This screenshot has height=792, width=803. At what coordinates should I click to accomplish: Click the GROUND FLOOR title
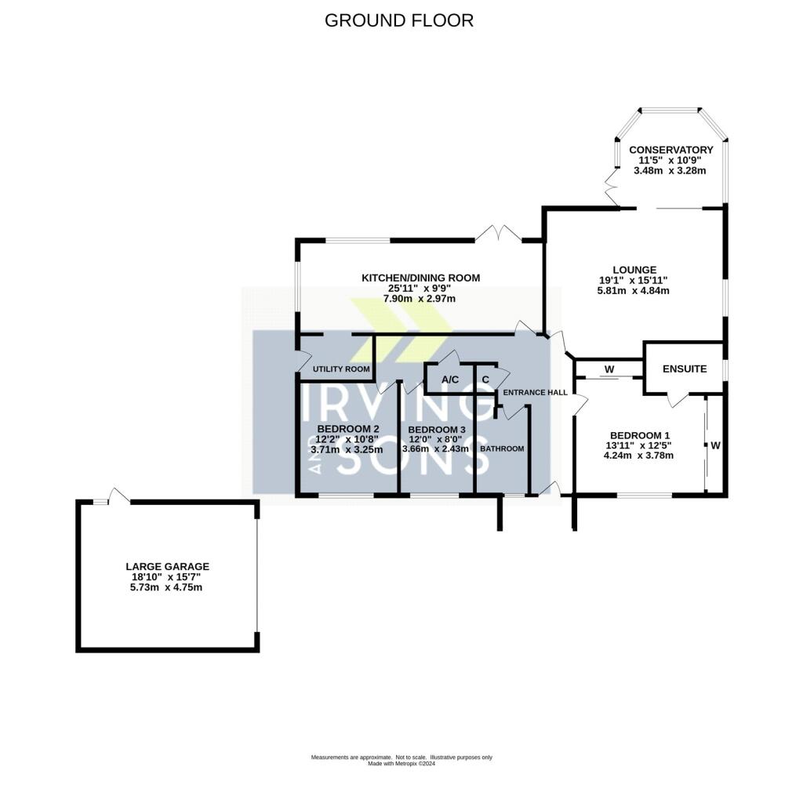pos(399,20)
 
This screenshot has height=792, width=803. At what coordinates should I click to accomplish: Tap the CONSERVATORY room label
pos(671,150)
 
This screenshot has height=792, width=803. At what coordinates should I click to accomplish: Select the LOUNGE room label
pos(634,270)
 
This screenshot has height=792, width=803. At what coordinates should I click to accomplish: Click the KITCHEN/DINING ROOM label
pos(421,278)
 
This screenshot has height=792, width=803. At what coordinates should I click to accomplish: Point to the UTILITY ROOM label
pos(341,369)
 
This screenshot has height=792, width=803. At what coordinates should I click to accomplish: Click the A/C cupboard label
pos(450,380)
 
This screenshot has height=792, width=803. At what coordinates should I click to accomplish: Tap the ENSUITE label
pos(684,369)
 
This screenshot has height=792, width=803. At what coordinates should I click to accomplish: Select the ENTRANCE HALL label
pos(535,393)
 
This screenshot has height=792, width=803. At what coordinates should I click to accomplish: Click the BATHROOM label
pos(502,449)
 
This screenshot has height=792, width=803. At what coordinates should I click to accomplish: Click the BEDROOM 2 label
pos(348,429)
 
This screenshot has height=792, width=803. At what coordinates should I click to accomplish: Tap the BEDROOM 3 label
pos(437,430)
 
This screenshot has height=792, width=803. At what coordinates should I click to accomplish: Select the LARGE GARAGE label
pos(168,567)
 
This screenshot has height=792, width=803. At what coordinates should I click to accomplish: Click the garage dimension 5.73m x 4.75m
pos(166,587)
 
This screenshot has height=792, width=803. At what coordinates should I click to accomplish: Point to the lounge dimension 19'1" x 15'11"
pos(634,281)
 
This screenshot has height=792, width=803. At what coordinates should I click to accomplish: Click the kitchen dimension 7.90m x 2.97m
pos(420,299)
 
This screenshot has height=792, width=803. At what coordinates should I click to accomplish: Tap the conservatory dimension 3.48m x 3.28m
pos(670,170)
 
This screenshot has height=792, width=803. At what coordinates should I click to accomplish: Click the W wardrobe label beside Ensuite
pos(609,369)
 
